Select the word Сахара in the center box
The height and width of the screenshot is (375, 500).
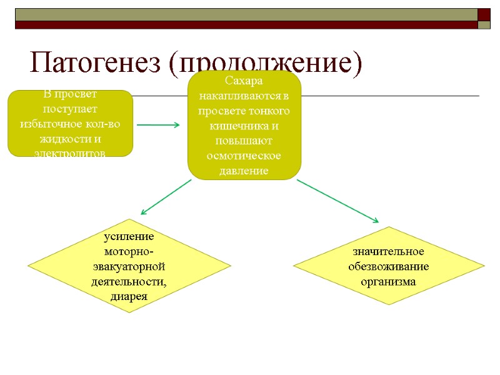[x=244, y=82]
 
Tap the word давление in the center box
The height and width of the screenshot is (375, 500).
[x=244, y=171]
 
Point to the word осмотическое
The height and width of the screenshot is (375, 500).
[x=244, y=156]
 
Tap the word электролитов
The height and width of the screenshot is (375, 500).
[x=70, y=152]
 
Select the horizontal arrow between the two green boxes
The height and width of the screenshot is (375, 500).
[x=158, y=125]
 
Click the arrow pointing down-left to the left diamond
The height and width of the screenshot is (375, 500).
[x=166, y=197]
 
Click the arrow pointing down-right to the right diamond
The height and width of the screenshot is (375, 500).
[x=337, y=201]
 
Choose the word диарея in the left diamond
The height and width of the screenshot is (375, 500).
[x=129, y=296]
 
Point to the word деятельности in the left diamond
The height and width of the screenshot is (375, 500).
[x=128, y=281]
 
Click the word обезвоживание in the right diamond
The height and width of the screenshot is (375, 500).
[x=389, y=266]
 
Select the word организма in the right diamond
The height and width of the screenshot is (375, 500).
[x=389, y=281]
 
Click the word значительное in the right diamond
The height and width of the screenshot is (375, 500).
[x=389, y=251]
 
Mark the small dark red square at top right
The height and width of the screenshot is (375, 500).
[x=484, y=14]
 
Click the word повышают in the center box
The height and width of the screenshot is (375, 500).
[x=244, y=141]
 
